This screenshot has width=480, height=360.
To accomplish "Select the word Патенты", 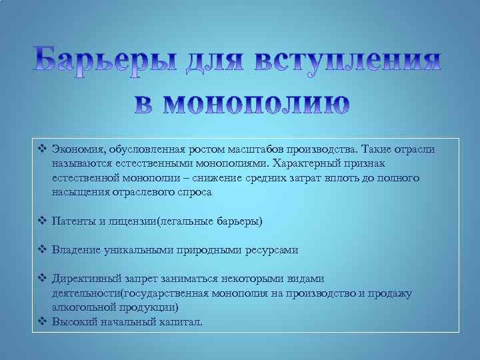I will [73, 221].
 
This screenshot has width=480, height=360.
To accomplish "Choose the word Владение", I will [75, 250].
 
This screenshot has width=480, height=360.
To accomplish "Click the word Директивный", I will [85, 279].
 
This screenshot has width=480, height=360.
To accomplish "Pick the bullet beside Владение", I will [42, 250].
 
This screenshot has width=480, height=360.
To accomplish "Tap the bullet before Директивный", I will [42, 279].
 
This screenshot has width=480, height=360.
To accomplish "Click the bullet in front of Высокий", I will [42, 321].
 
